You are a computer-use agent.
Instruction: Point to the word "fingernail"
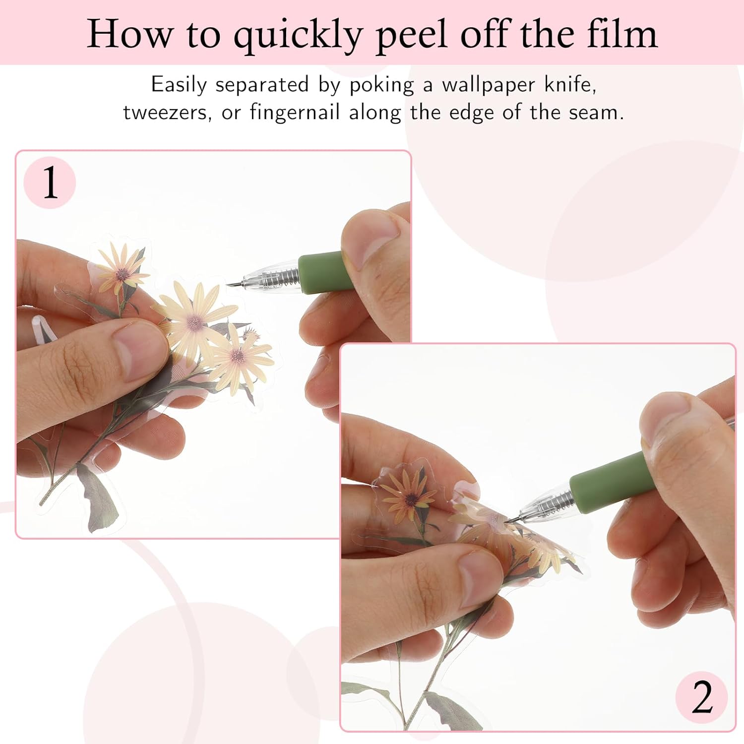pyautogui.click(x=295, y=113)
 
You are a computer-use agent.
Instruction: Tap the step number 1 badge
pyautogui.click(x=50, y=183)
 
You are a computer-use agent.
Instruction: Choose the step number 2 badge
pyautogui.click(x=701, y=697)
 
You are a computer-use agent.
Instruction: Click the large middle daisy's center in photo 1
pyautogui.click(x=195, y=323)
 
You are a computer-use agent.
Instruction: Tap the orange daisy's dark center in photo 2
pyautogui.click(x=410, y=498)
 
